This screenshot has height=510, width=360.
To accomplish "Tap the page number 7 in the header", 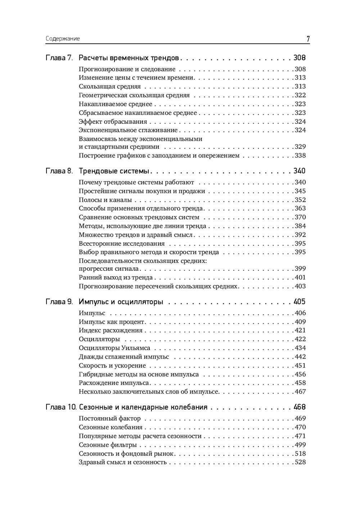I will click(x=308, y=39).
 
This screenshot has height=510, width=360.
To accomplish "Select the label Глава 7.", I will click(x=59, y=58).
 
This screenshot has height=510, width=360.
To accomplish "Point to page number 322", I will click(x=300, y=95).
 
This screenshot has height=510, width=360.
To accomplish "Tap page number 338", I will click(x=300, y=156).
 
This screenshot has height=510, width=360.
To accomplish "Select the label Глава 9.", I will click(x=59, y=302).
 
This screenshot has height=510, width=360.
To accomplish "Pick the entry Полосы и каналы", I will click(x=105, y=200).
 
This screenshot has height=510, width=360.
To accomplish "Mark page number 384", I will click(x=300, y=226).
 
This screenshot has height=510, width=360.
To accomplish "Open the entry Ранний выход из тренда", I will click(x=116, y=278).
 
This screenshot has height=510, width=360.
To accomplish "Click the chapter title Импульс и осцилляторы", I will click(x=121, y=302).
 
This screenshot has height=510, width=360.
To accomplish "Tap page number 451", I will click(x=300, y=366).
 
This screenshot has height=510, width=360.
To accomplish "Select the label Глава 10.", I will click(x=61, y=407).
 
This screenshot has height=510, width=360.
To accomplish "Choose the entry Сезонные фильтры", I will click(x=108, y=445).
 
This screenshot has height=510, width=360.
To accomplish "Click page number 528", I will click(x=300, y=462).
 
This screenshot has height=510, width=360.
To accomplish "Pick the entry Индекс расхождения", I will click(x=111, y=331).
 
